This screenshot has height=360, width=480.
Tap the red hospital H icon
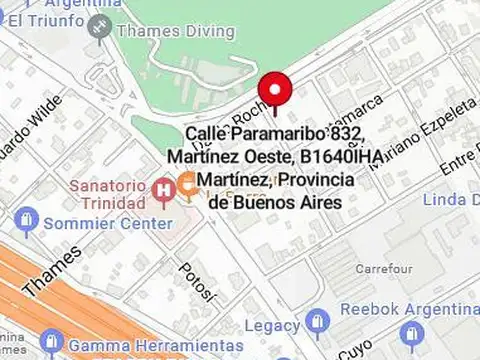[163, 188]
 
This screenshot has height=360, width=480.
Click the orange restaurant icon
[187, 183]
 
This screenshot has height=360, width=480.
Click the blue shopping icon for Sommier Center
[28, 219]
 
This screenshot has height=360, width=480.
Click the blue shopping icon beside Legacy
[318, 322]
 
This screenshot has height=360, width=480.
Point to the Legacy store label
[272, 326]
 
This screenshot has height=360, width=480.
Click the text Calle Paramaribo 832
[274, 133]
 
